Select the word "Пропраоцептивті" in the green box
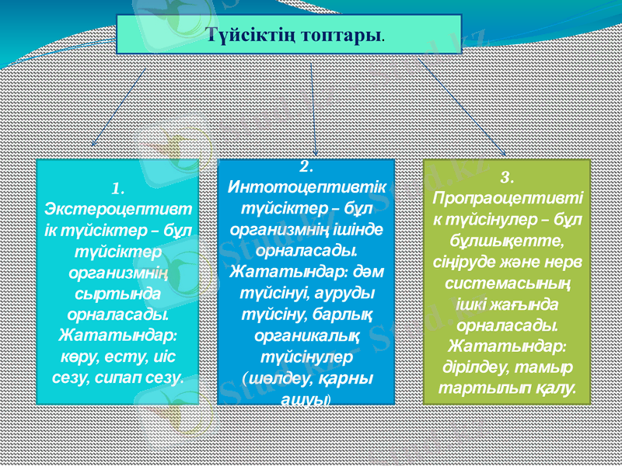[x=507, y=197]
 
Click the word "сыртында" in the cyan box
[x=118, y=294]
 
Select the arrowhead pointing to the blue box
[x=316, y=151]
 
